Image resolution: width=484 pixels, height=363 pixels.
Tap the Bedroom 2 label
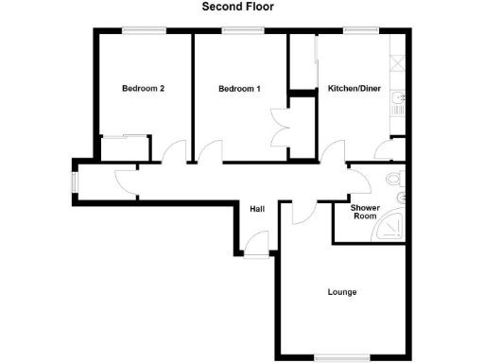(144, 90)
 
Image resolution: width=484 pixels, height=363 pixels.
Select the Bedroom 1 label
(239, 90)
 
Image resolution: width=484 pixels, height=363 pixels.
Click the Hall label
(256, 209)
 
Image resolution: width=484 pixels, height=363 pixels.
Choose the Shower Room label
(364, 212)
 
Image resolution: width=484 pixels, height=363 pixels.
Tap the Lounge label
(342, 292)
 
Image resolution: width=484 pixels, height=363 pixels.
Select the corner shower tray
(389, 228)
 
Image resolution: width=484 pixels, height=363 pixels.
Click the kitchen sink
(401, 101)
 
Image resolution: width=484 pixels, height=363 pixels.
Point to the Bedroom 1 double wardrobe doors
(281, 128)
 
